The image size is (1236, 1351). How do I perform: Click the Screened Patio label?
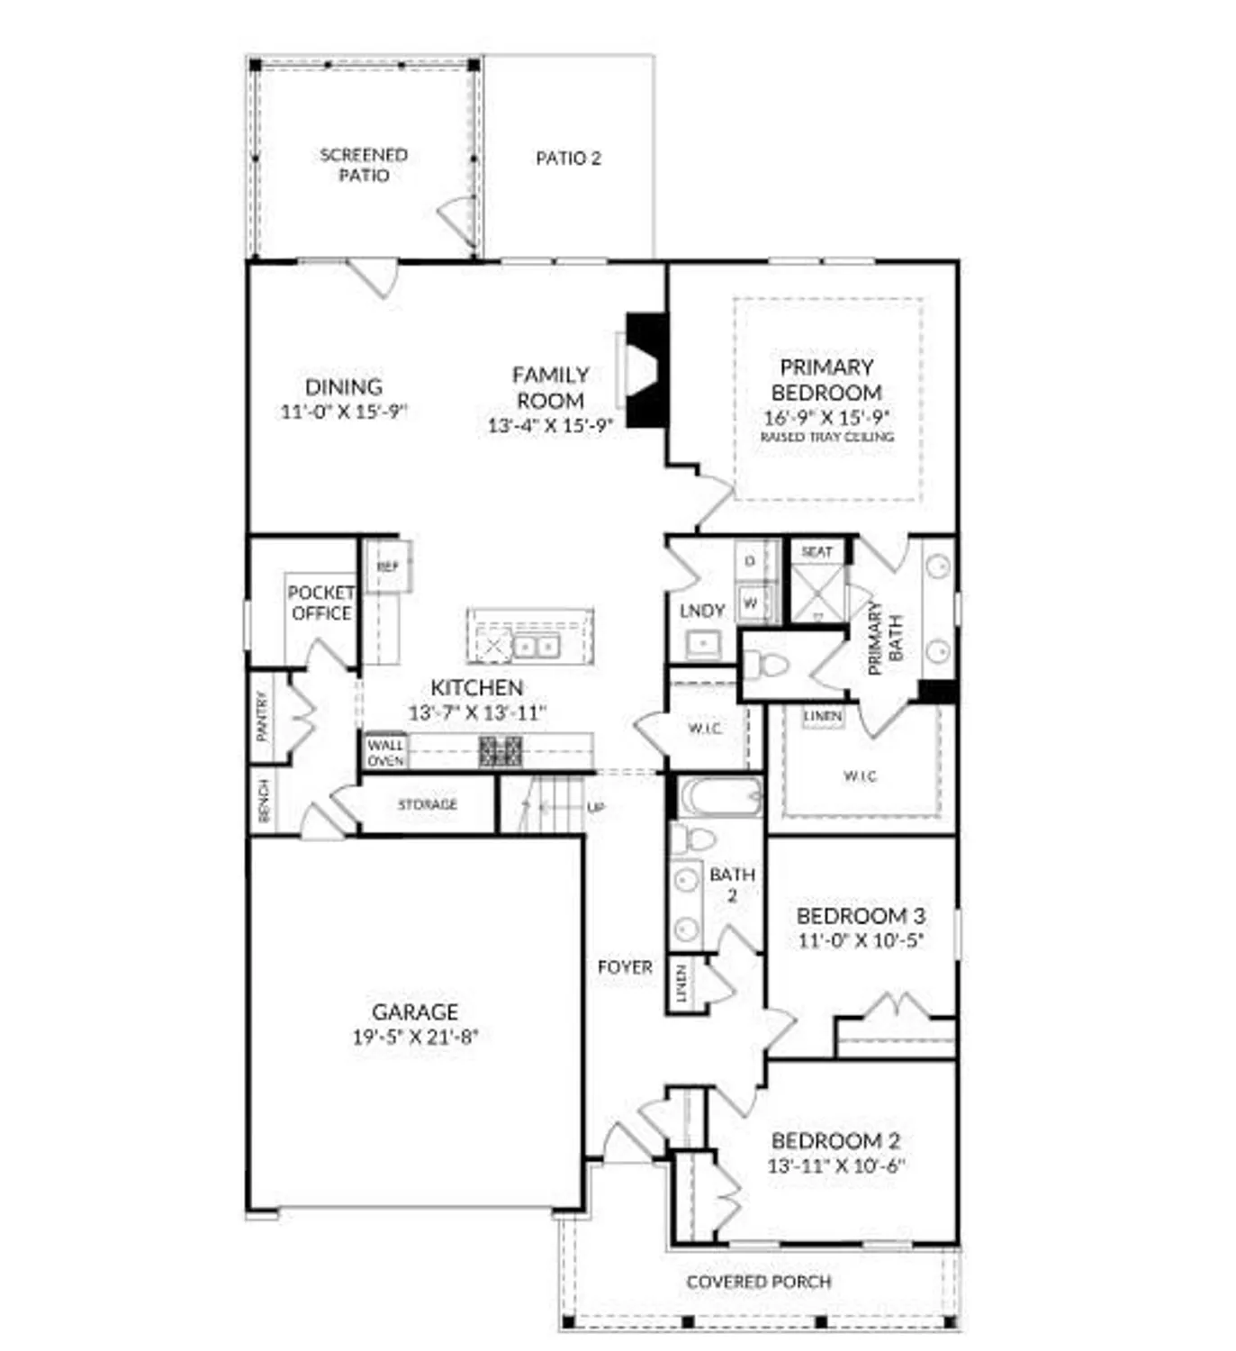[x=364, y=165]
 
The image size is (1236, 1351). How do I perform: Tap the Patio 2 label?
[x=568, y=159]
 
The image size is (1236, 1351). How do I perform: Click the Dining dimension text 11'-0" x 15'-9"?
[x=344, y=412]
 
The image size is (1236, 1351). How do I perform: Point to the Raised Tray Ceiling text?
[x=826, y=437]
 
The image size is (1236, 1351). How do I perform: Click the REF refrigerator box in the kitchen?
[x=388, y=567]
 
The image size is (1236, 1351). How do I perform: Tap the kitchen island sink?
[x=536, y=646]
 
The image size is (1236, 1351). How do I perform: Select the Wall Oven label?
[x=385, y=753]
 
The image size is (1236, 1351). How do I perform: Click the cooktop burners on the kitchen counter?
[x=500, y=751]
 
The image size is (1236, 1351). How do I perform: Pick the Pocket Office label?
[x=320, y=603]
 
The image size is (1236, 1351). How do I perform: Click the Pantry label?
[x=262, y=716]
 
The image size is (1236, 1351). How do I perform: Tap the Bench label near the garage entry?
[x=264, y=800]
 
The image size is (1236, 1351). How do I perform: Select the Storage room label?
[x=428, y=804]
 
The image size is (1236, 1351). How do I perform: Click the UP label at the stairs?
[x=595, y=808]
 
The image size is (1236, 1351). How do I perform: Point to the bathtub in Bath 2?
[x=720, y=797]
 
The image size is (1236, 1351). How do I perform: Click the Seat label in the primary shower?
[x=816, y=551]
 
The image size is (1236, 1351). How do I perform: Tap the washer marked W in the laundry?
[x=750, y=603]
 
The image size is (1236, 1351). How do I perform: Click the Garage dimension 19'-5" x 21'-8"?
[x=414, y=1037]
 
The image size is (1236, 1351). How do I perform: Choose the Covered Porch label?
[x=758, y=1282]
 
